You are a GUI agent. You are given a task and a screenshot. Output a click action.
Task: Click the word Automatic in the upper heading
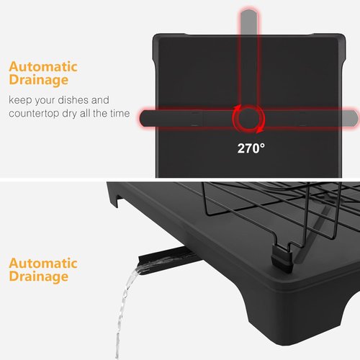tap(43, 66)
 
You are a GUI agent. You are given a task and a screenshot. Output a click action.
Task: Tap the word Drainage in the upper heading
tap(39, 81)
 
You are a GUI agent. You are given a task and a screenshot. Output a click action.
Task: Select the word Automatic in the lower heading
tap(43, 264)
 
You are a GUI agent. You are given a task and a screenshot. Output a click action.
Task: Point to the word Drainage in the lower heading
tap(39, 277)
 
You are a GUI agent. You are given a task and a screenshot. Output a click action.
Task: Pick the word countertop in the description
tap(34, 113)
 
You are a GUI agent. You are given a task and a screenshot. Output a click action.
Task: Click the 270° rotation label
tap(251, 148)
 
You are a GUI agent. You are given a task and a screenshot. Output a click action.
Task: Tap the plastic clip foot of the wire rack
tap(282, 259)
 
